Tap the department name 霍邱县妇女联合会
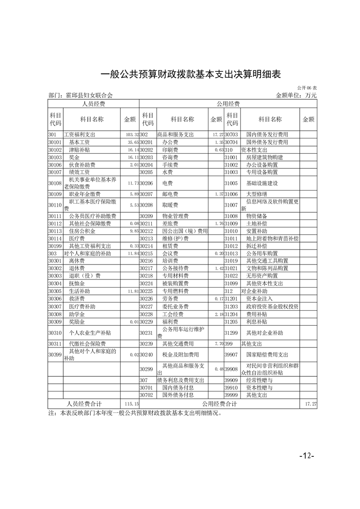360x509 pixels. tap(80, 95)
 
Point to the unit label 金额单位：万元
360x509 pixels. tap(296, 95)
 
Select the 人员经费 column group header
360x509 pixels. tap(93, 104)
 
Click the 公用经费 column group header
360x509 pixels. tap(228, 104)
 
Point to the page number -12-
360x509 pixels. tap(307, 455)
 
